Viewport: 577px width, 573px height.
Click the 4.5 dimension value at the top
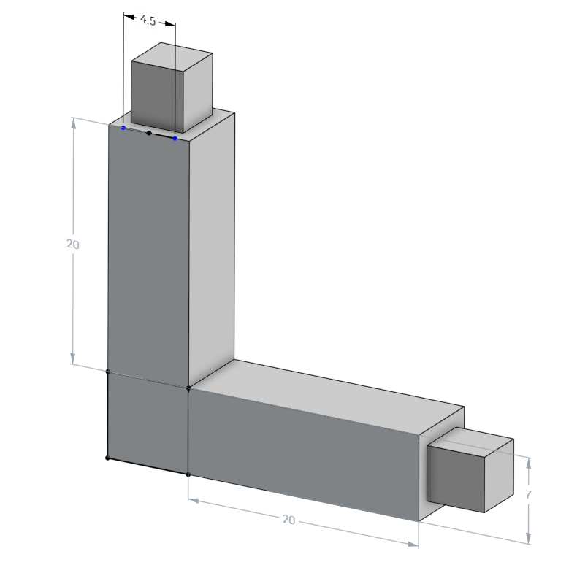pyautogui.click(x=148, y=21)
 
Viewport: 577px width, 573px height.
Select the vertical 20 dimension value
pyautogui.click(x=72, y=245)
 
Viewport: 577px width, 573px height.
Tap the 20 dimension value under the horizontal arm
pyautogui.click(x=288, y=519)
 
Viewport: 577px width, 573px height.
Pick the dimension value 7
pyautogui.click(x=528, y=494)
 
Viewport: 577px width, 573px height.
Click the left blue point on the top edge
pyautogui.click(x=123, y=128)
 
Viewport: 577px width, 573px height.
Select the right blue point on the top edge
pyautogui.click(x=175, y=138)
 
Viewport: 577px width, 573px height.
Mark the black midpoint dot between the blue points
pyautogui.click(x=149, y=133)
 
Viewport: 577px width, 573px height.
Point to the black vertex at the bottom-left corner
pyautogui.click(x=107, y=458)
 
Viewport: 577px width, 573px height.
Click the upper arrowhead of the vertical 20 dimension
pyautogui.click(x=74, y=123)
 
